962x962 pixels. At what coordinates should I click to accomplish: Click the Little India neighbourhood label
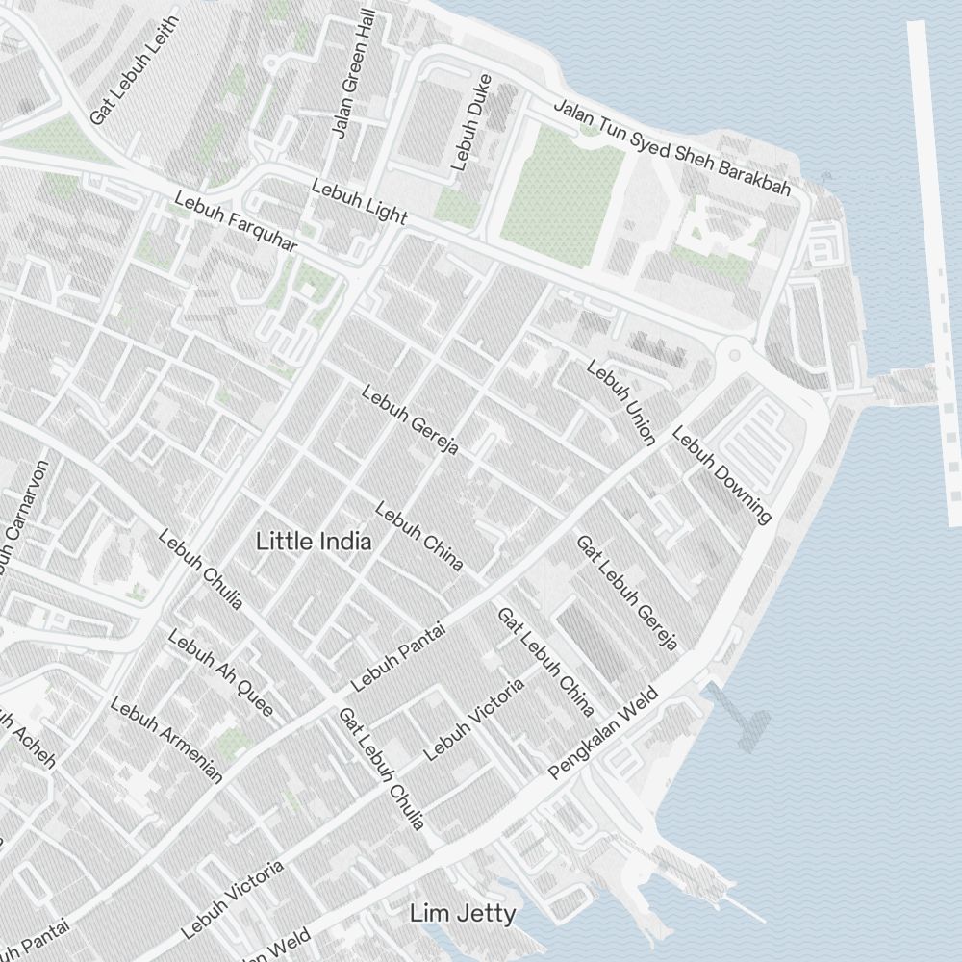click(x=314, y=542)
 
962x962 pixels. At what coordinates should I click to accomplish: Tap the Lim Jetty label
click(x=463, y=913)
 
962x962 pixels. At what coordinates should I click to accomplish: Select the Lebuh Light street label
click(x=359, y=201)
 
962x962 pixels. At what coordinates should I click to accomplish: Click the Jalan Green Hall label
click(x=351, y=77)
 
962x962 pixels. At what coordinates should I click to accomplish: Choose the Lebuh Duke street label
click(x=470, y=122)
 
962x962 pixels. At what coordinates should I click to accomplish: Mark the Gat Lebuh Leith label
click(x=135, y=69)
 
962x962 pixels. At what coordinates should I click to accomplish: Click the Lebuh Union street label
click(x=620, y=403)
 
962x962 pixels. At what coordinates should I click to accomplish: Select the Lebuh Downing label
click(x=721, y=475)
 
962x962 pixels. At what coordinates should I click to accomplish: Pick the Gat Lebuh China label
click(x=544, y=662)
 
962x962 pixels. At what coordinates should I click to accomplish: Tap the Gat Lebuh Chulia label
click(x=381, y=769)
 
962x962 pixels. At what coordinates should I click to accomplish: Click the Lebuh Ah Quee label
click(x=220, y=673)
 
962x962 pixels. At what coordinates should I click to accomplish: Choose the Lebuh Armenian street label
click(x=166, y=740)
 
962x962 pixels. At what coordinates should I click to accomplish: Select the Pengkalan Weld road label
click(x=603, y=733)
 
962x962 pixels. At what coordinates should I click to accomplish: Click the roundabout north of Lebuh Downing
click(x=736, y=356)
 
